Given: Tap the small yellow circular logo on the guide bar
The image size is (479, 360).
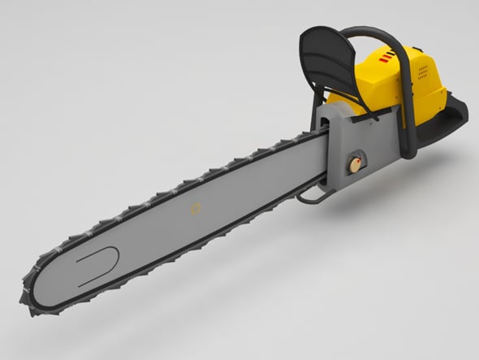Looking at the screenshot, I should pos(195,209).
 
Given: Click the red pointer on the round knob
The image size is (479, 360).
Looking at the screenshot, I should pos(352,163).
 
